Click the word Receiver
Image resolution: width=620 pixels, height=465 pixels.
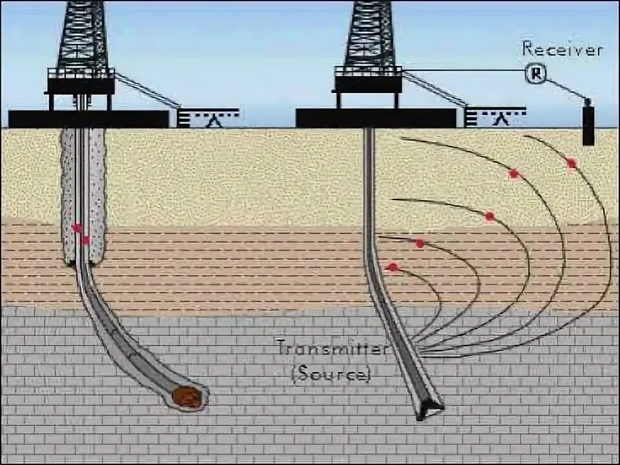(x=562, y=49)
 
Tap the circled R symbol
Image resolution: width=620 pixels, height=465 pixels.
(x=535, y=74)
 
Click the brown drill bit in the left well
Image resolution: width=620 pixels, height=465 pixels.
(x=188, y=397)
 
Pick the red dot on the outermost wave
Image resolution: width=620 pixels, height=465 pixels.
(x=572, y=163)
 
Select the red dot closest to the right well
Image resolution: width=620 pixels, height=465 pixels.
(x=392, y=267)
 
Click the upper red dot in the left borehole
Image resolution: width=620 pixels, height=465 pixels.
(x=77, y=228)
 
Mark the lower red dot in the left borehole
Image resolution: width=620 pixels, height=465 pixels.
(x=86, y=240)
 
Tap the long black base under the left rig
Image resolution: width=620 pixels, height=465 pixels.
(x=88, y=119)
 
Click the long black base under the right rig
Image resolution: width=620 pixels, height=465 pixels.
(x=376, y=118)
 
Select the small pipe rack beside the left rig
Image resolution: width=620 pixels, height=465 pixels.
(x=208, y=118)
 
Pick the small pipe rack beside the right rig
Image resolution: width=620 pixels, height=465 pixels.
(x=495, y=117)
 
